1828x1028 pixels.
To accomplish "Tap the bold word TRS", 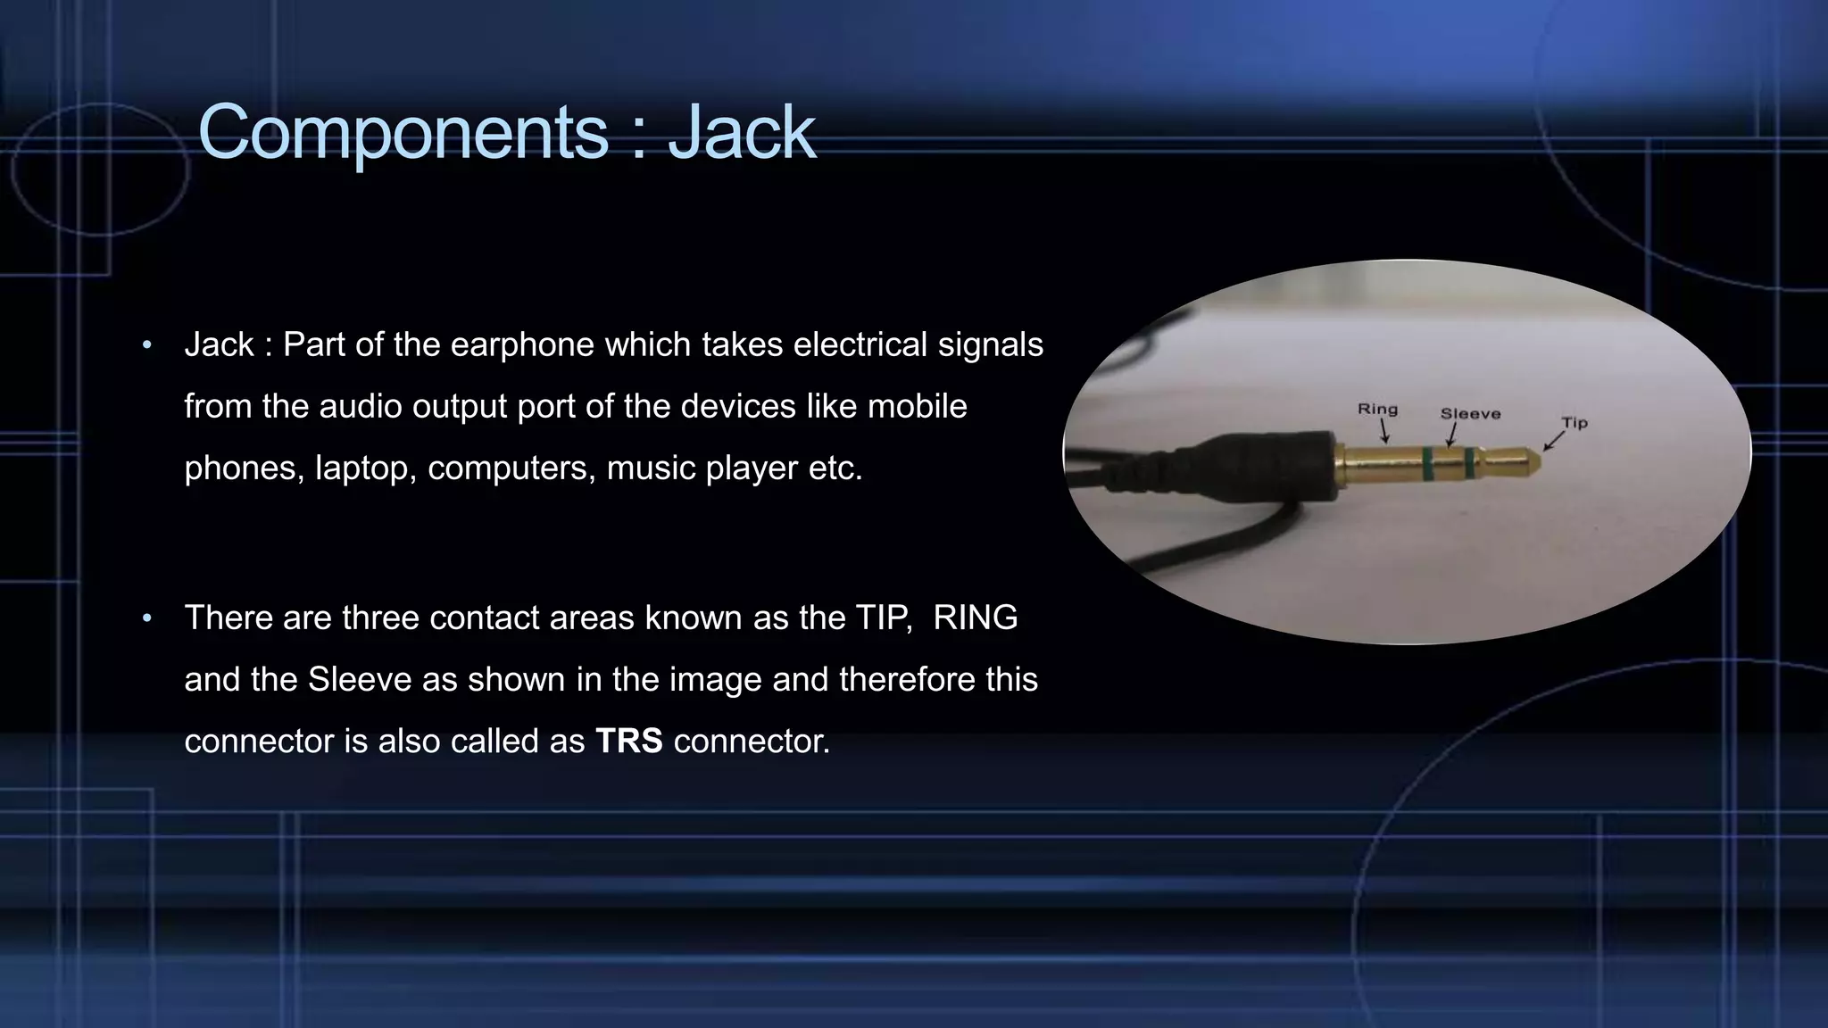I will click(629, 741).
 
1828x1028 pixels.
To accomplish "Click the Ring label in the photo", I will click(1377, 409).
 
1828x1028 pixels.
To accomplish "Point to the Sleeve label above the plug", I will click(1470, 413).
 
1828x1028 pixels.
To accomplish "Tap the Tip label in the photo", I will click(1575, 422).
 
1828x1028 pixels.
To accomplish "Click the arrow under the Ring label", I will click(1384, 432).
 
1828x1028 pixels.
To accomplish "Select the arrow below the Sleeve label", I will click(1451, 435).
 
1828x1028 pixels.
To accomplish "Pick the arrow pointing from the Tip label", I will click(1554, 440).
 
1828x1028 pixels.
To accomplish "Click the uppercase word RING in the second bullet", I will click(975, 618).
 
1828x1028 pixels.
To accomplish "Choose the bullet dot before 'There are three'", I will click(147, 618).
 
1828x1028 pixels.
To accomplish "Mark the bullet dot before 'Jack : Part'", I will click(147, 344).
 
